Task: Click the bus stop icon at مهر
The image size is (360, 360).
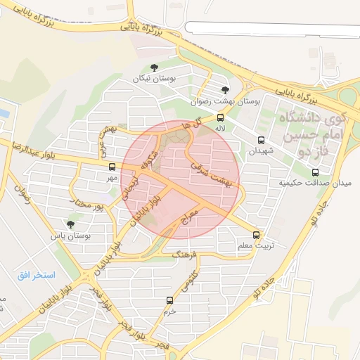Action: click(112, 167)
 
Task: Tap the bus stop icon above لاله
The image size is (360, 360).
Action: click(221, 117)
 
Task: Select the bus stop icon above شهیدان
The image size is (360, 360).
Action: click(261, 140)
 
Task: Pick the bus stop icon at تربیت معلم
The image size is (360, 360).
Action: click(255, 236)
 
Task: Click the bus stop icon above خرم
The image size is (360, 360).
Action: click(169, 300)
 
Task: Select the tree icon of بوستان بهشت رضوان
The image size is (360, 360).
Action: click(224, 90)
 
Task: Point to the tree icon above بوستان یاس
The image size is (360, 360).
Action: click(70, 224)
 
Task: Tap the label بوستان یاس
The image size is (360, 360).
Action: click(70, 236)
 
